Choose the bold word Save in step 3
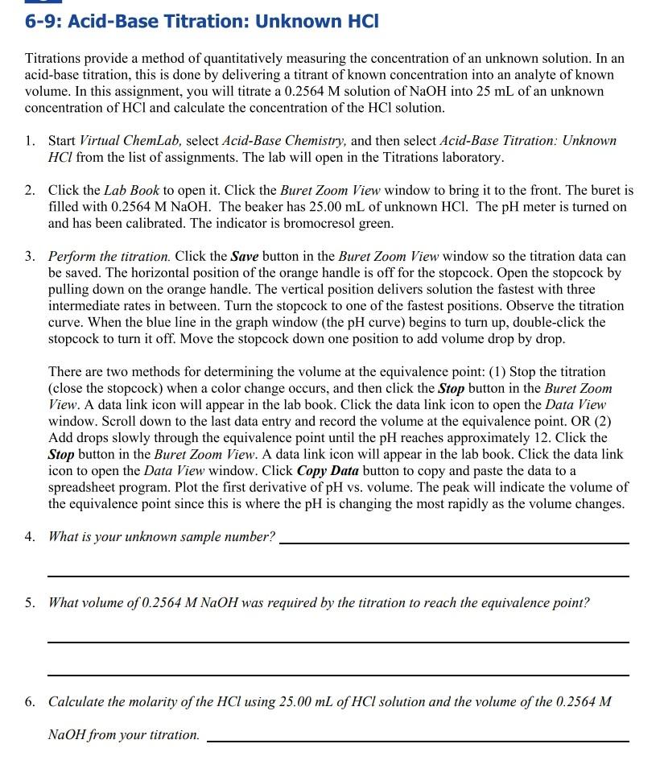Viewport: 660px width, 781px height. (x=244, y=257)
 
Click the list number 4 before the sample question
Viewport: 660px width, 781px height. (x=30, y=536)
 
